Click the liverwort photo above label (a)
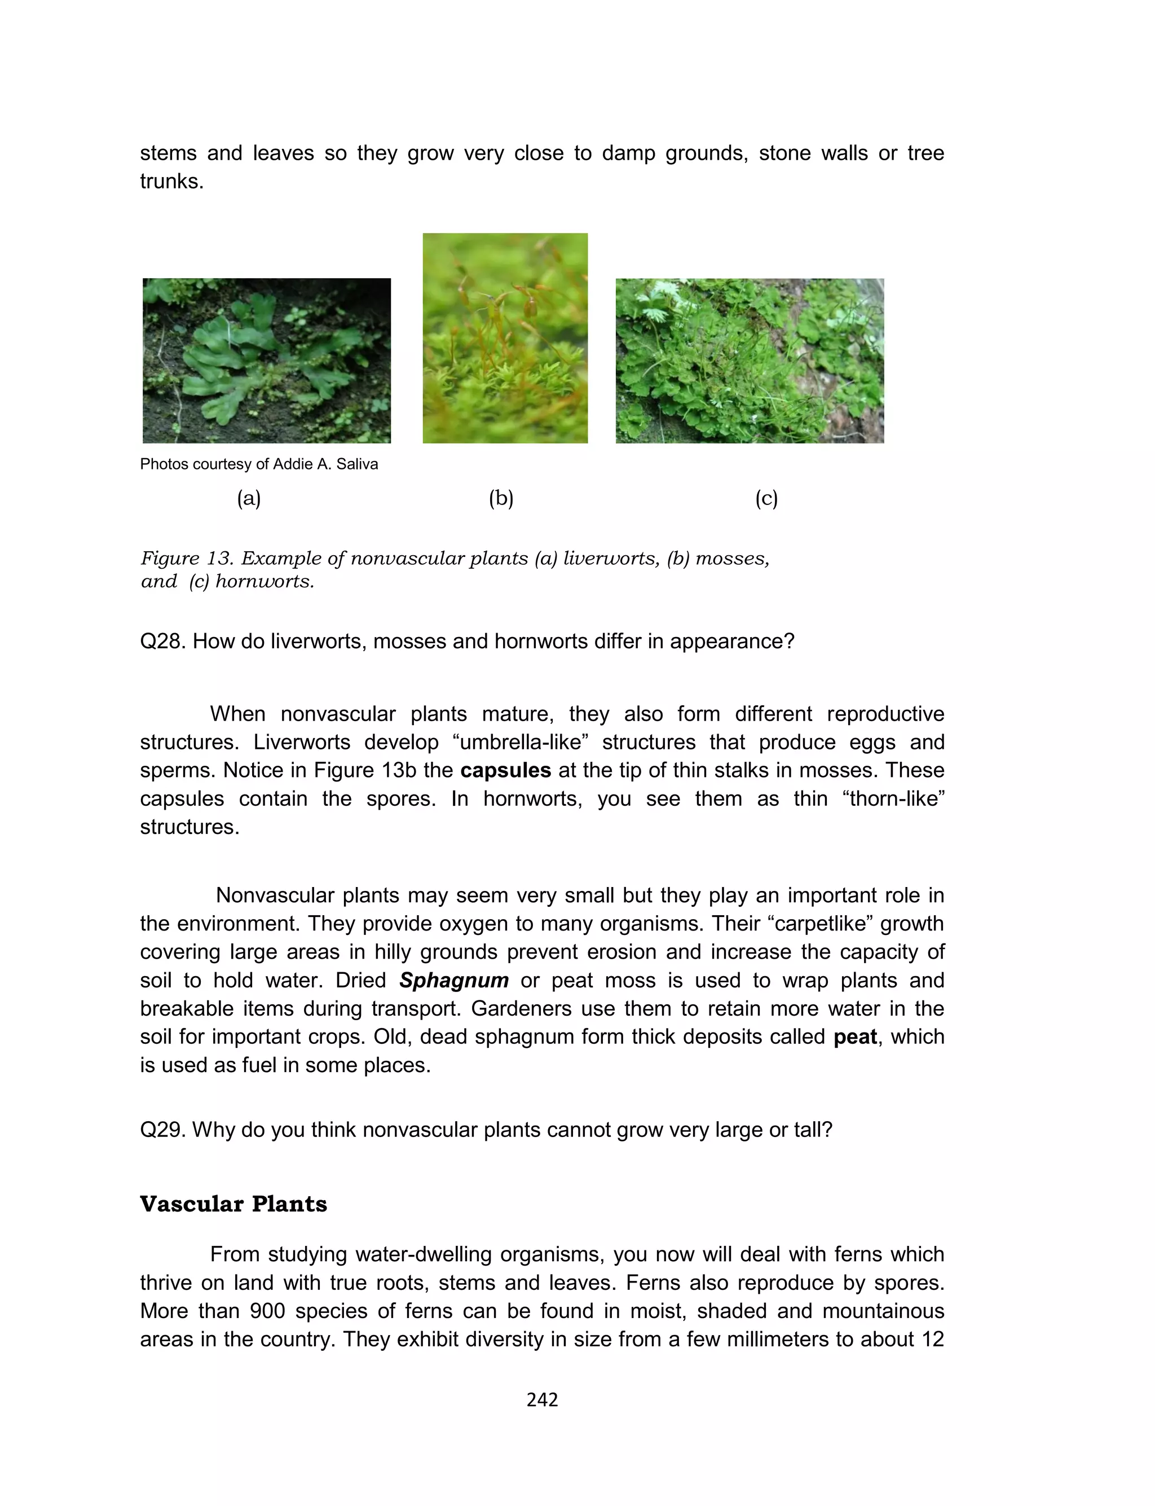[x=267, y=361]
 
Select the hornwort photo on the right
[x=750, y=361]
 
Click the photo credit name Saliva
[x=357, y=464]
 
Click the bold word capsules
[x=505, y=770]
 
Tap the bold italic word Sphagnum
[x=454, y=980]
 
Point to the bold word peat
[x=854, y=1037]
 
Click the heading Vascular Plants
[x=233, y=1204]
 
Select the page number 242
[x=542, y=1399]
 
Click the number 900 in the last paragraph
[x=267, y=1311]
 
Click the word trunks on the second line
[x=171, y=181]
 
